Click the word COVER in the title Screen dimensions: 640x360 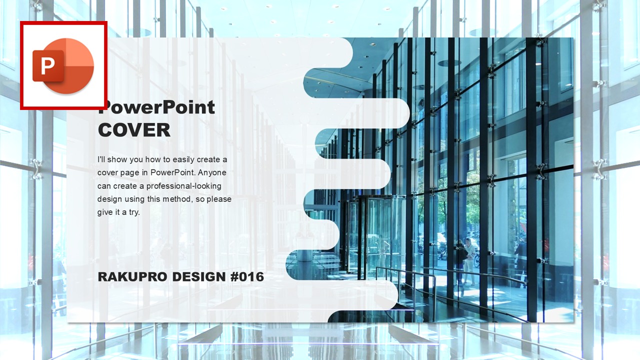134,130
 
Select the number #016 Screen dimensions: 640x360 247,277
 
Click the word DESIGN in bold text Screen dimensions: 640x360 199,277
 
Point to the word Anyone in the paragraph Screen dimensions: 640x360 212,172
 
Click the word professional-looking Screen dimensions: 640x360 183,186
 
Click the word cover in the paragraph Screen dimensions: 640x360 107,173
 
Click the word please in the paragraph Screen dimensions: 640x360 219,199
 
